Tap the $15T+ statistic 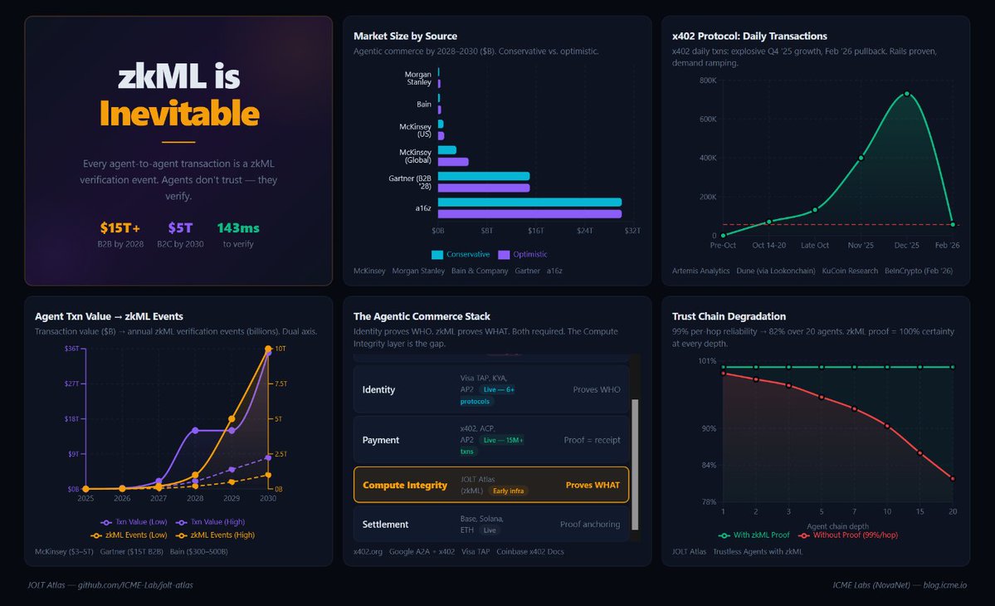[x=120, y=227]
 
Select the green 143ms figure [x=238, y=227]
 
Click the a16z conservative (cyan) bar [x=529, y=202]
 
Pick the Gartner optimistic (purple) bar [x=483, y=188]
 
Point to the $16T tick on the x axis [x=535, y=230]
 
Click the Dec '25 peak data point [x=907, y=94]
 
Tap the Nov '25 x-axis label [x=861, y=245]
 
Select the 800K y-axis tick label [x=708, y=81]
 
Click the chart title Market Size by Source [x=405, y=36]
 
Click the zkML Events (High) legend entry [x=221, y=535]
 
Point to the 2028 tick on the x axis [x=195, y=498]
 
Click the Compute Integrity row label [x=405, y=485]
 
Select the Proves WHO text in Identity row [x=596, y=389]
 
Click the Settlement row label [x=385, y=525]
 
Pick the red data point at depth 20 [x=953, y=479]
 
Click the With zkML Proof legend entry [x=754, y=535]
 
